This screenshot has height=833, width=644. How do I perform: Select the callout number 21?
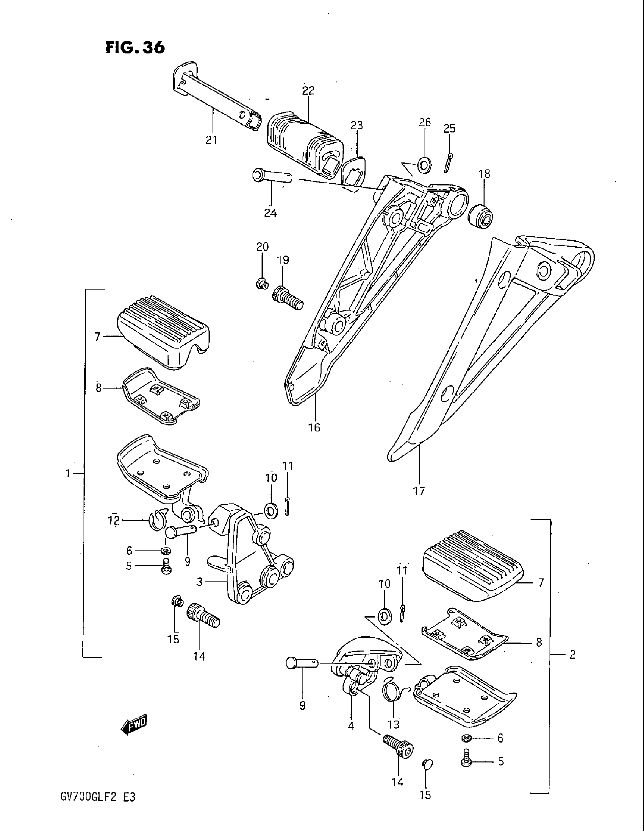coord(211,140)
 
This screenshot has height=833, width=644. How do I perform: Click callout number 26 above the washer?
coord(425,122)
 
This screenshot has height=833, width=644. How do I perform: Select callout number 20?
coord(263,247)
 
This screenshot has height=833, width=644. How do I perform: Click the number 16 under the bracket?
coord(314,427)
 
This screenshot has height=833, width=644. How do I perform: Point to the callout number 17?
coord(419,490)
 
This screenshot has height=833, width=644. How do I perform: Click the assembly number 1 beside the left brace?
coord(68,474)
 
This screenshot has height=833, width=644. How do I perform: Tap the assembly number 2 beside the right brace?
coord(572,655)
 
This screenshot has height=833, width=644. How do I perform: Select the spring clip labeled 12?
coord(157,520)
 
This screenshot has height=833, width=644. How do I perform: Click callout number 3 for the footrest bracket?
coord(199,582)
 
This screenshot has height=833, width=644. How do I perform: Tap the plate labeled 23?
coord(354,171)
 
